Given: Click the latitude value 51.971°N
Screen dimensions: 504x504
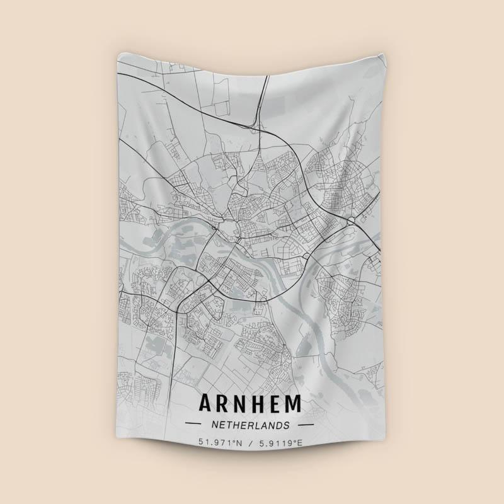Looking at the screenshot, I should point(219,444).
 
